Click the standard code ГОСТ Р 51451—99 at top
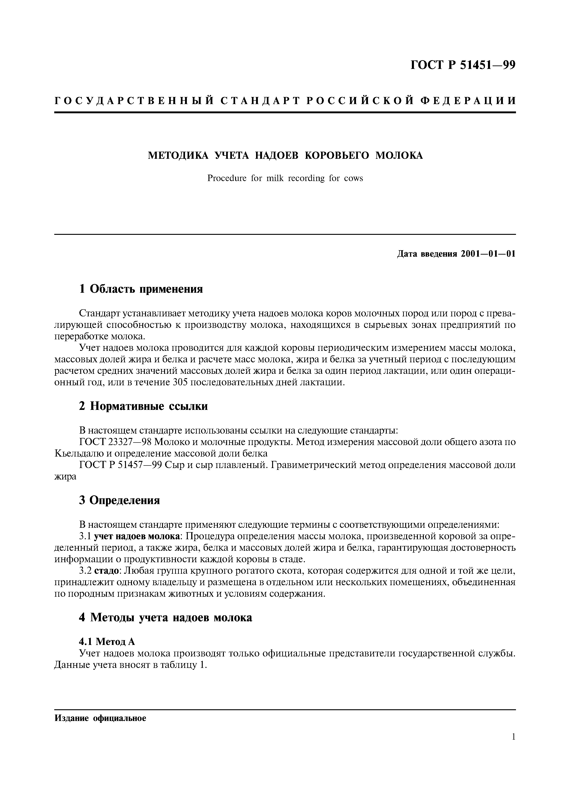[x=463, y=65]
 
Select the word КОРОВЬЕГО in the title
[x=336, y=156]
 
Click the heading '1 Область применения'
[x=141, y=289]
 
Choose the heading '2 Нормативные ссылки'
[x=143, y=406]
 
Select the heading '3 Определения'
[x=120, y=500]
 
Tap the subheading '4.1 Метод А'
[x=107, y=641]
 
